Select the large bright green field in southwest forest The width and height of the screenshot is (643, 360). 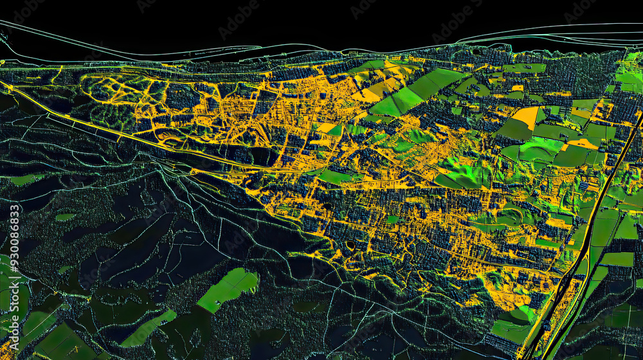(x=228, y=289)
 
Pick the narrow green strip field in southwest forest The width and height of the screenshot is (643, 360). (x=148, y=328)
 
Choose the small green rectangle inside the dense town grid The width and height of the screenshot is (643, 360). (x=392, y=219)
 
